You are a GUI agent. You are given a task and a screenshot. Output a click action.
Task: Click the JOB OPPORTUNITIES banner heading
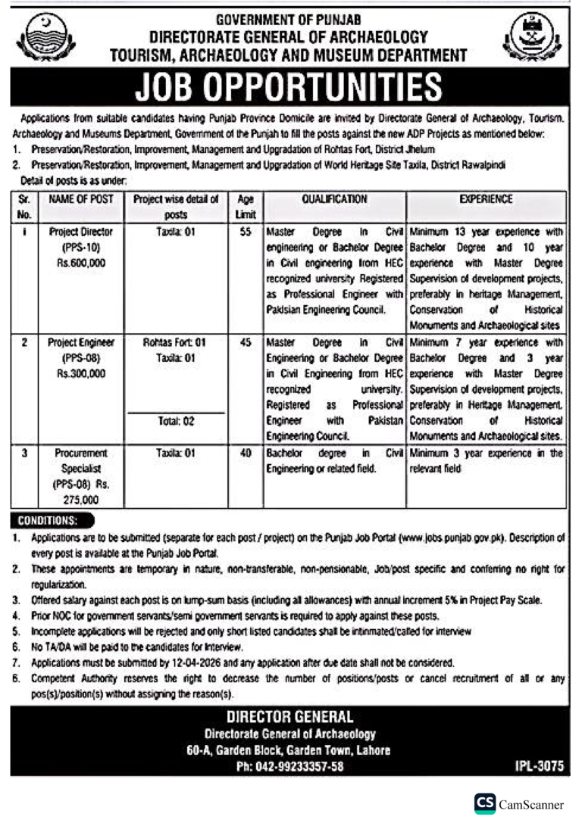pos(291,88)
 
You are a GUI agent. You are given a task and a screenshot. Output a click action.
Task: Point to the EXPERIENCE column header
pos(486,199)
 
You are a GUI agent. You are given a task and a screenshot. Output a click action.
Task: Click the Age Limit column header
pos(245,207)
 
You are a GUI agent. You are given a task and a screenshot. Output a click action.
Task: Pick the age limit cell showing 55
pos(245,232)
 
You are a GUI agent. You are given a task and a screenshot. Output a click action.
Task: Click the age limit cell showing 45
pos(245,343)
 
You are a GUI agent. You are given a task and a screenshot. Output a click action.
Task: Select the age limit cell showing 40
pos(245,453)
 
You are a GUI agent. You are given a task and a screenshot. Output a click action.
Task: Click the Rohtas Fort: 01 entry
pos(175,343)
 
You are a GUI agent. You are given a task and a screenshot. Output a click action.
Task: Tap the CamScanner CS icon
pos(484,804)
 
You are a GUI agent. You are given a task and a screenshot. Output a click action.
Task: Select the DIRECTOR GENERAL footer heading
pos(290,716)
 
